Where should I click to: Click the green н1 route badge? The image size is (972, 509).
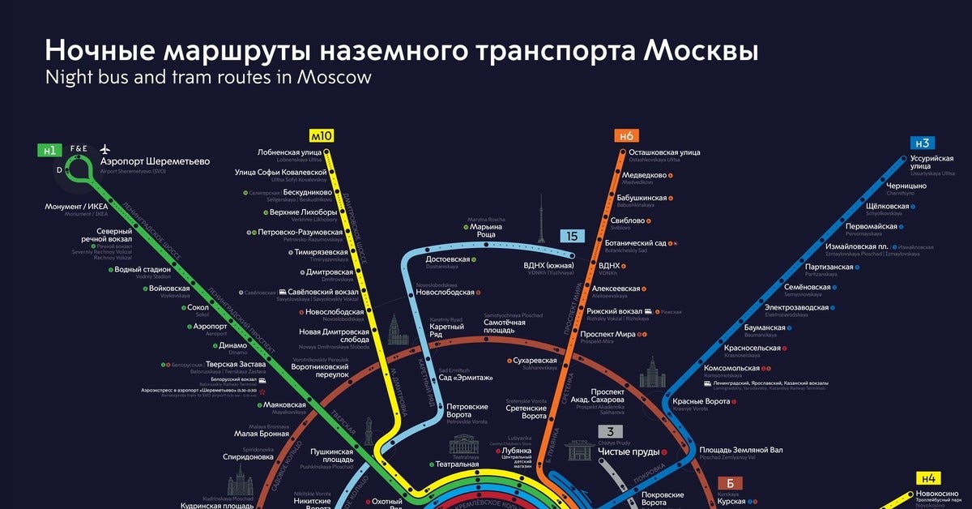pos(49,150)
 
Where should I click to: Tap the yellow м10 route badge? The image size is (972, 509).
pos(322,135)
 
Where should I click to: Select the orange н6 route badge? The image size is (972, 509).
pos(626,135)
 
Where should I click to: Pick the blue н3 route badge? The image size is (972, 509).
pos(923,143)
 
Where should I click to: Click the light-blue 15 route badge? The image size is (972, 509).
pos(573,237)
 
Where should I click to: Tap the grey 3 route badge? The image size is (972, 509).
pos(611,432)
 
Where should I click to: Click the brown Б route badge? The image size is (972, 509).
pos(729,484)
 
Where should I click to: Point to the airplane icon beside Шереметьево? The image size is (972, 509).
pos(104,149)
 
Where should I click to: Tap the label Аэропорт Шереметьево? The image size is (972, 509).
pos(154,161)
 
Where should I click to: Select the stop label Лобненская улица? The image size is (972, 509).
pos(290,152)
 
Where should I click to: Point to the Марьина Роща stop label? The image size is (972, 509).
pos(486,231)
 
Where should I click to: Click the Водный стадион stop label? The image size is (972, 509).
pos(143,270)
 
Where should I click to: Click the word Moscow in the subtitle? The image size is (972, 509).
pos(334,77)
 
